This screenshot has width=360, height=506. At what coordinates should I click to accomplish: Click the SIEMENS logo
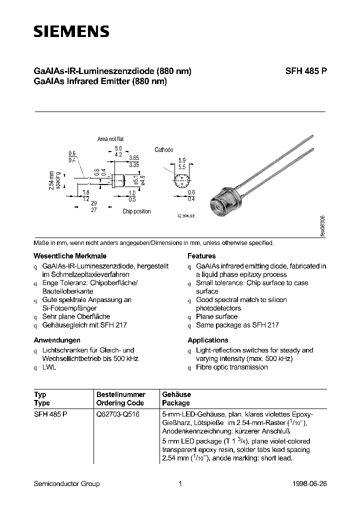coord(71,32)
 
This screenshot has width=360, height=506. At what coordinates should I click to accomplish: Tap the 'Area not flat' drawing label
coord(110,139)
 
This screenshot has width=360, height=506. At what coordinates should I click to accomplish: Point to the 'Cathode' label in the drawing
coord(164,149)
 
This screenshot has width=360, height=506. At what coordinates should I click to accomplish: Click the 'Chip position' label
coord(136,211)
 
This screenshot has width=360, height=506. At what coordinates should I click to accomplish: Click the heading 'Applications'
coord(208,340)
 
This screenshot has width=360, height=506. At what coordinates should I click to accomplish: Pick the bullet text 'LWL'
coord(49,367)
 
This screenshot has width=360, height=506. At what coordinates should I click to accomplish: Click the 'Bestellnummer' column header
coord(121,394)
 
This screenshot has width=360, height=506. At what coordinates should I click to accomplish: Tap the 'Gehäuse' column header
coord(176,394)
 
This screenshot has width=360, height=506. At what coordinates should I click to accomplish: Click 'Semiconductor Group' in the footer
coord(66,483)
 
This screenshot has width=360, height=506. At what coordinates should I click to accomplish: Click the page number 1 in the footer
coord(179,483)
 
